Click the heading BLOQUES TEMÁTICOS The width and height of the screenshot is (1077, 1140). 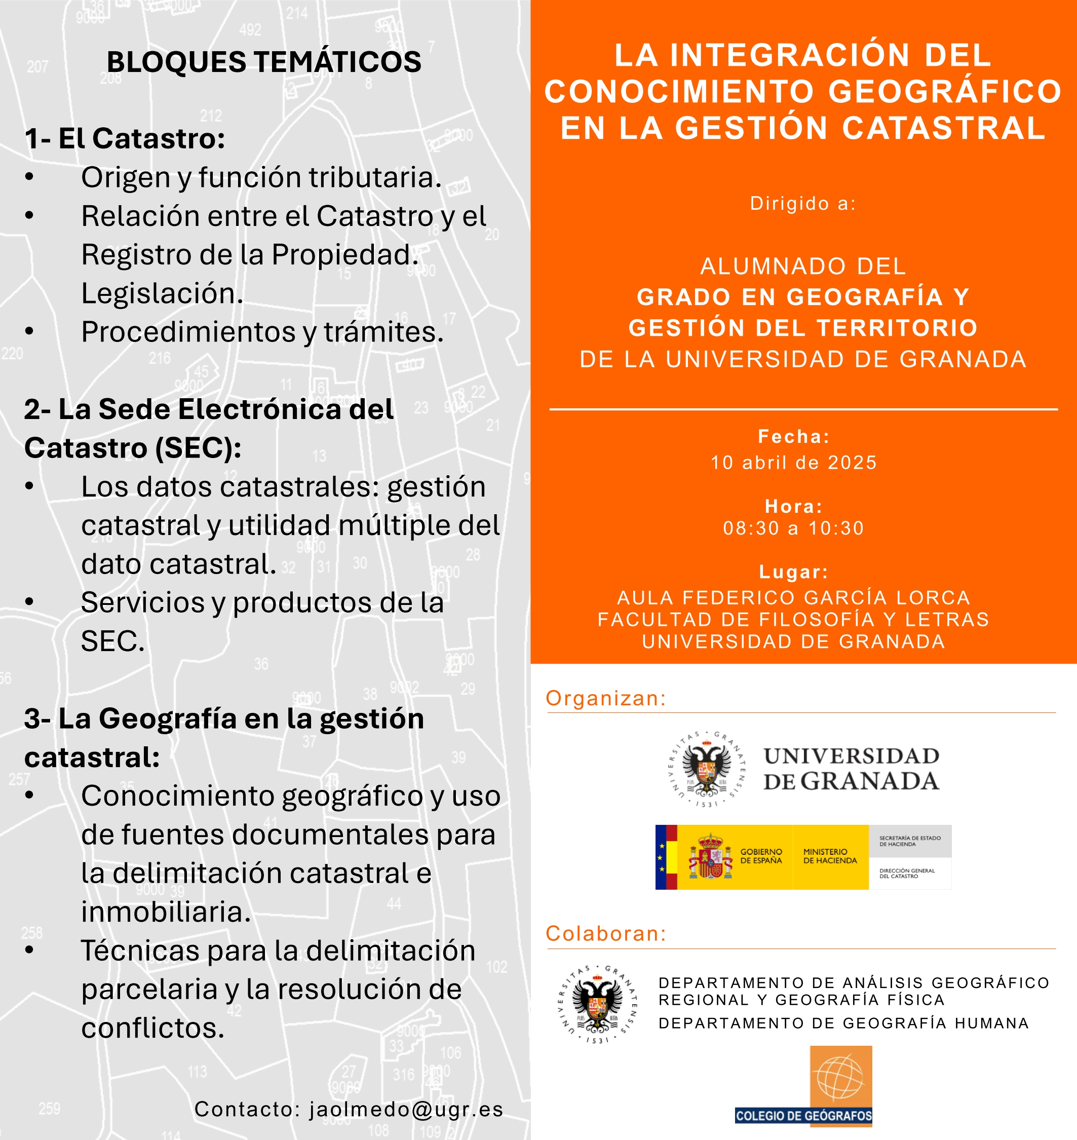point(264,62)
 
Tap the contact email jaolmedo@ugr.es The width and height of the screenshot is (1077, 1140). point(406,1109)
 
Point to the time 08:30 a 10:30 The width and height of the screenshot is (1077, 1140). point(794,528)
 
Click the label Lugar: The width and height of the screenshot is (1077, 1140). point(794,572)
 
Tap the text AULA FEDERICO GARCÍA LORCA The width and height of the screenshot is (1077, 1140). point(794,597)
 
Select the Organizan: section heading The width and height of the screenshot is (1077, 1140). point(606,698)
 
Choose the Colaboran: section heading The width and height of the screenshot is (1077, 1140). point(606,933)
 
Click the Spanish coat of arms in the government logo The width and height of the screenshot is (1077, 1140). point(711,857)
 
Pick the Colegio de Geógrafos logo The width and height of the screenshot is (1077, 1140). point(804,1085)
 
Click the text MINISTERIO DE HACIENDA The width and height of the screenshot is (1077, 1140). point(830,856)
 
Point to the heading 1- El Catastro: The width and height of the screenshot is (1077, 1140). point(125,138)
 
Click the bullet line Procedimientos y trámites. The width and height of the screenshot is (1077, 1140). point(262,332)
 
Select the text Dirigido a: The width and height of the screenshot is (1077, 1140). point(802,203)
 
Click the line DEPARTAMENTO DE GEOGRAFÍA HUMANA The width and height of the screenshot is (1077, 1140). point(843,1023)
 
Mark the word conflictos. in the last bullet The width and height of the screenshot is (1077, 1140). point(152,1028)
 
